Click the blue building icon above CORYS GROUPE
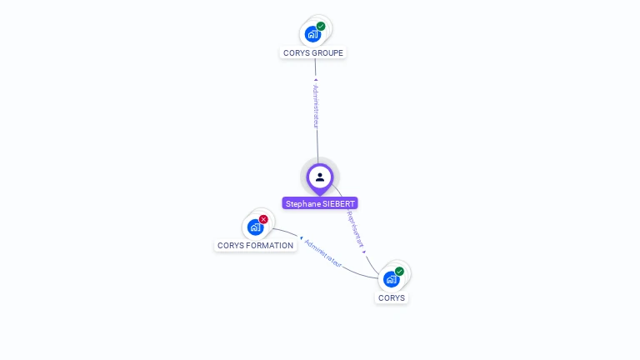pos(312,34)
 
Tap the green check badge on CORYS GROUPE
pos(321,26)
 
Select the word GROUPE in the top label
pos(327,53)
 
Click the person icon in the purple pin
pos(320,177)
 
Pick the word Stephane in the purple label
pos(302,203)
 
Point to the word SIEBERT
pos(338,203)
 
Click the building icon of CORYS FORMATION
pos(254,227)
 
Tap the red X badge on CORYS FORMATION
pos(263,219)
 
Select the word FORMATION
pos(270,246)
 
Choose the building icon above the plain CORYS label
pos(390,279)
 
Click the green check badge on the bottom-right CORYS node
pos(399,271)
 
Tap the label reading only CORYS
pos(392,297)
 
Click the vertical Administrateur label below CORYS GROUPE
pos(316,106)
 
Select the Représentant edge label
pos(355,230)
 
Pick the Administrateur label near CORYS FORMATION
pos(323,253)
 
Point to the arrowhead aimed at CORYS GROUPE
pos(315,80)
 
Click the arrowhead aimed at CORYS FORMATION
pos(301,238)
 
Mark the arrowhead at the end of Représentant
pos(364,251)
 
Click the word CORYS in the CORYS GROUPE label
pos(296,53)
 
